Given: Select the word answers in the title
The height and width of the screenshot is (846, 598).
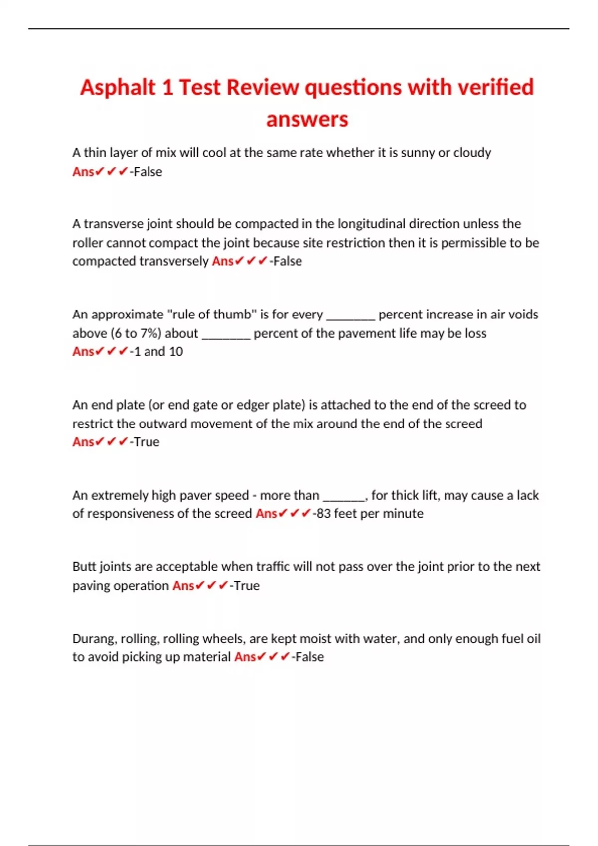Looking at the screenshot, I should (307, 119).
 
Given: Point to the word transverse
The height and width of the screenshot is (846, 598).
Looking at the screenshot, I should (113, 224).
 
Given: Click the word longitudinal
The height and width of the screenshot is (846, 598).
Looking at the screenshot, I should (372, 224).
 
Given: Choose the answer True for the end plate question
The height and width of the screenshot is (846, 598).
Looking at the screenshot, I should (147, 442).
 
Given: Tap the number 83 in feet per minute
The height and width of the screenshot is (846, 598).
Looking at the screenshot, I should (323, 513).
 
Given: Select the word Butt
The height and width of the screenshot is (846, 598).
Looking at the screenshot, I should (84, 567).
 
